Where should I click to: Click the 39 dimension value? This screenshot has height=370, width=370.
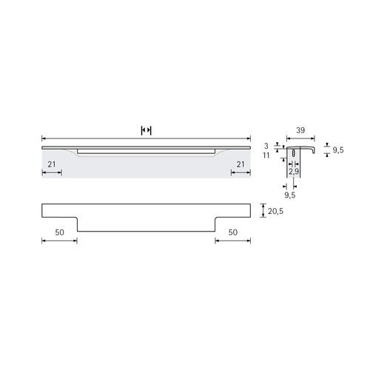click(300, 130)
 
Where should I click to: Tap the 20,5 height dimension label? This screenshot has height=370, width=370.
click(275, 211)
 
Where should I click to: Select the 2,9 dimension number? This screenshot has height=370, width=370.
click(294, 172)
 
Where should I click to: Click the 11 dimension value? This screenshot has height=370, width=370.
click(266, 155)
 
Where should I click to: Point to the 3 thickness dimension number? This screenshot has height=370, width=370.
click(266, 146)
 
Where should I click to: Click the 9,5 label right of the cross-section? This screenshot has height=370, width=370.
click(338, 149)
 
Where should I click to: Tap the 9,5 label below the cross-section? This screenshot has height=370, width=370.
click(290, 195)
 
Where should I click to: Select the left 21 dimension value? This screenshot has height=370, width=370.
click(52, 164)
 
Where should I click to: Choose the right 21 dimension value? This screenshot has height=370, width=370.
click(240, 164)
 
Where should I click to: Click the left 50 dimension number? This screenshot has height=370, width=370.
click(59, 232)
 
